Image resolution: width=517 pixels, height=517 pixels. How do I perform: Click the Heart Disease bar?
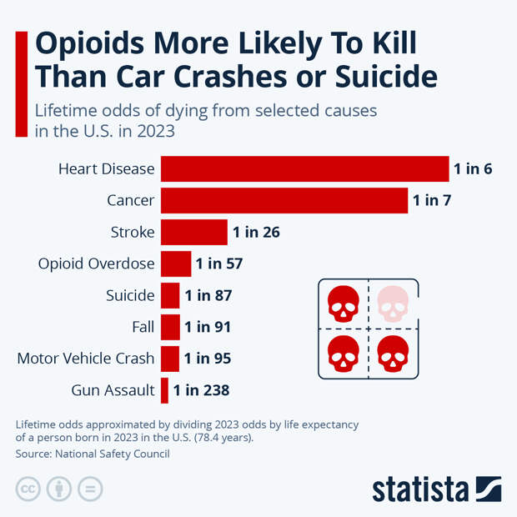pos(304,168)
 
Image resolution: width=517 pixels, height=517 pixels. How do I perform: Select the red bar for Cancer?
pos(284,200)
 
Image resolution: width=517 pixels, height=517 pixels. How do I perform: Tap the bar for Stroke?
pos(193,232)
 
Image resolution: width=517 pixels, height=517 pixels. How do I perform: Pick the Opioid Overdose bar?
pos(175,264)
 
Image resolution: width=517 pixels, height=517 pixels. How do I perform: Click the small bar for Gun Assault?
pos(164,389)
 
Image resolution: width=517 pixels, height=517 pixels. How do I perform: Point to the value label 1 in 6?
pos(473,169)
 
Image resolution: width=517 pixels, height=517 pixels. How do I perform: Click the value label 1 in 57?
pos(218,264)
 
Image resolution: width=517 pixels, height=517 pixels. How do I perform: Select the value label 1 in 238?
pos(201,389)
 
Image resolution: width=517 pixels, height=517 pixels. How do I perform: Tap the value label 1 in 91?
pos(208,327)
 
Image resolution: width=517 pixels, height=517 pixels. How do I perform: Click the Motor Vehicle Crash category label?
pos(86,359)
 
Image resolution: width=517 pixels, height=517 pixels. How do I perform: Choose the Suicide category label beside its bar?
pos(130,295)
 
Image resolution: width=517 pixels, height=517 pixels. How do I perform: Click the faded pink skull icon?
pos(394,304)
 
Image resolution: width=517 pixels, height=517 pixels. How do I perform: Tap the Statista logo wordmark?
pos(422,489)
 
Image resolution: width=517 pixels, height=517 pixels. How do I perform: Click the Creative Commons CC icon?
pos(28,489)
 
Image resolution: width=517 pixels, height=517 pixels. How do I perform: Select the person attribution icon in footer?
pos(59,489)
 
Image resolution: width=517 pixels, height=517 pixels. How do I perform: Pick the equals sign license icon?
pos(90,489)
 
